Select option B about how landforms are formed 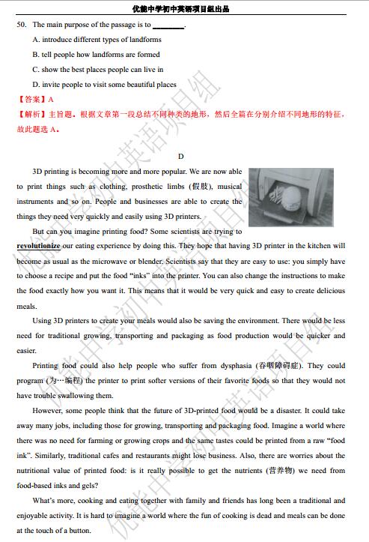tap(96, 55)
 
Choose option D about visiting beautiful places tap(105, 85)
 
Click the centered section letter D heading tap(180, 156)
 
